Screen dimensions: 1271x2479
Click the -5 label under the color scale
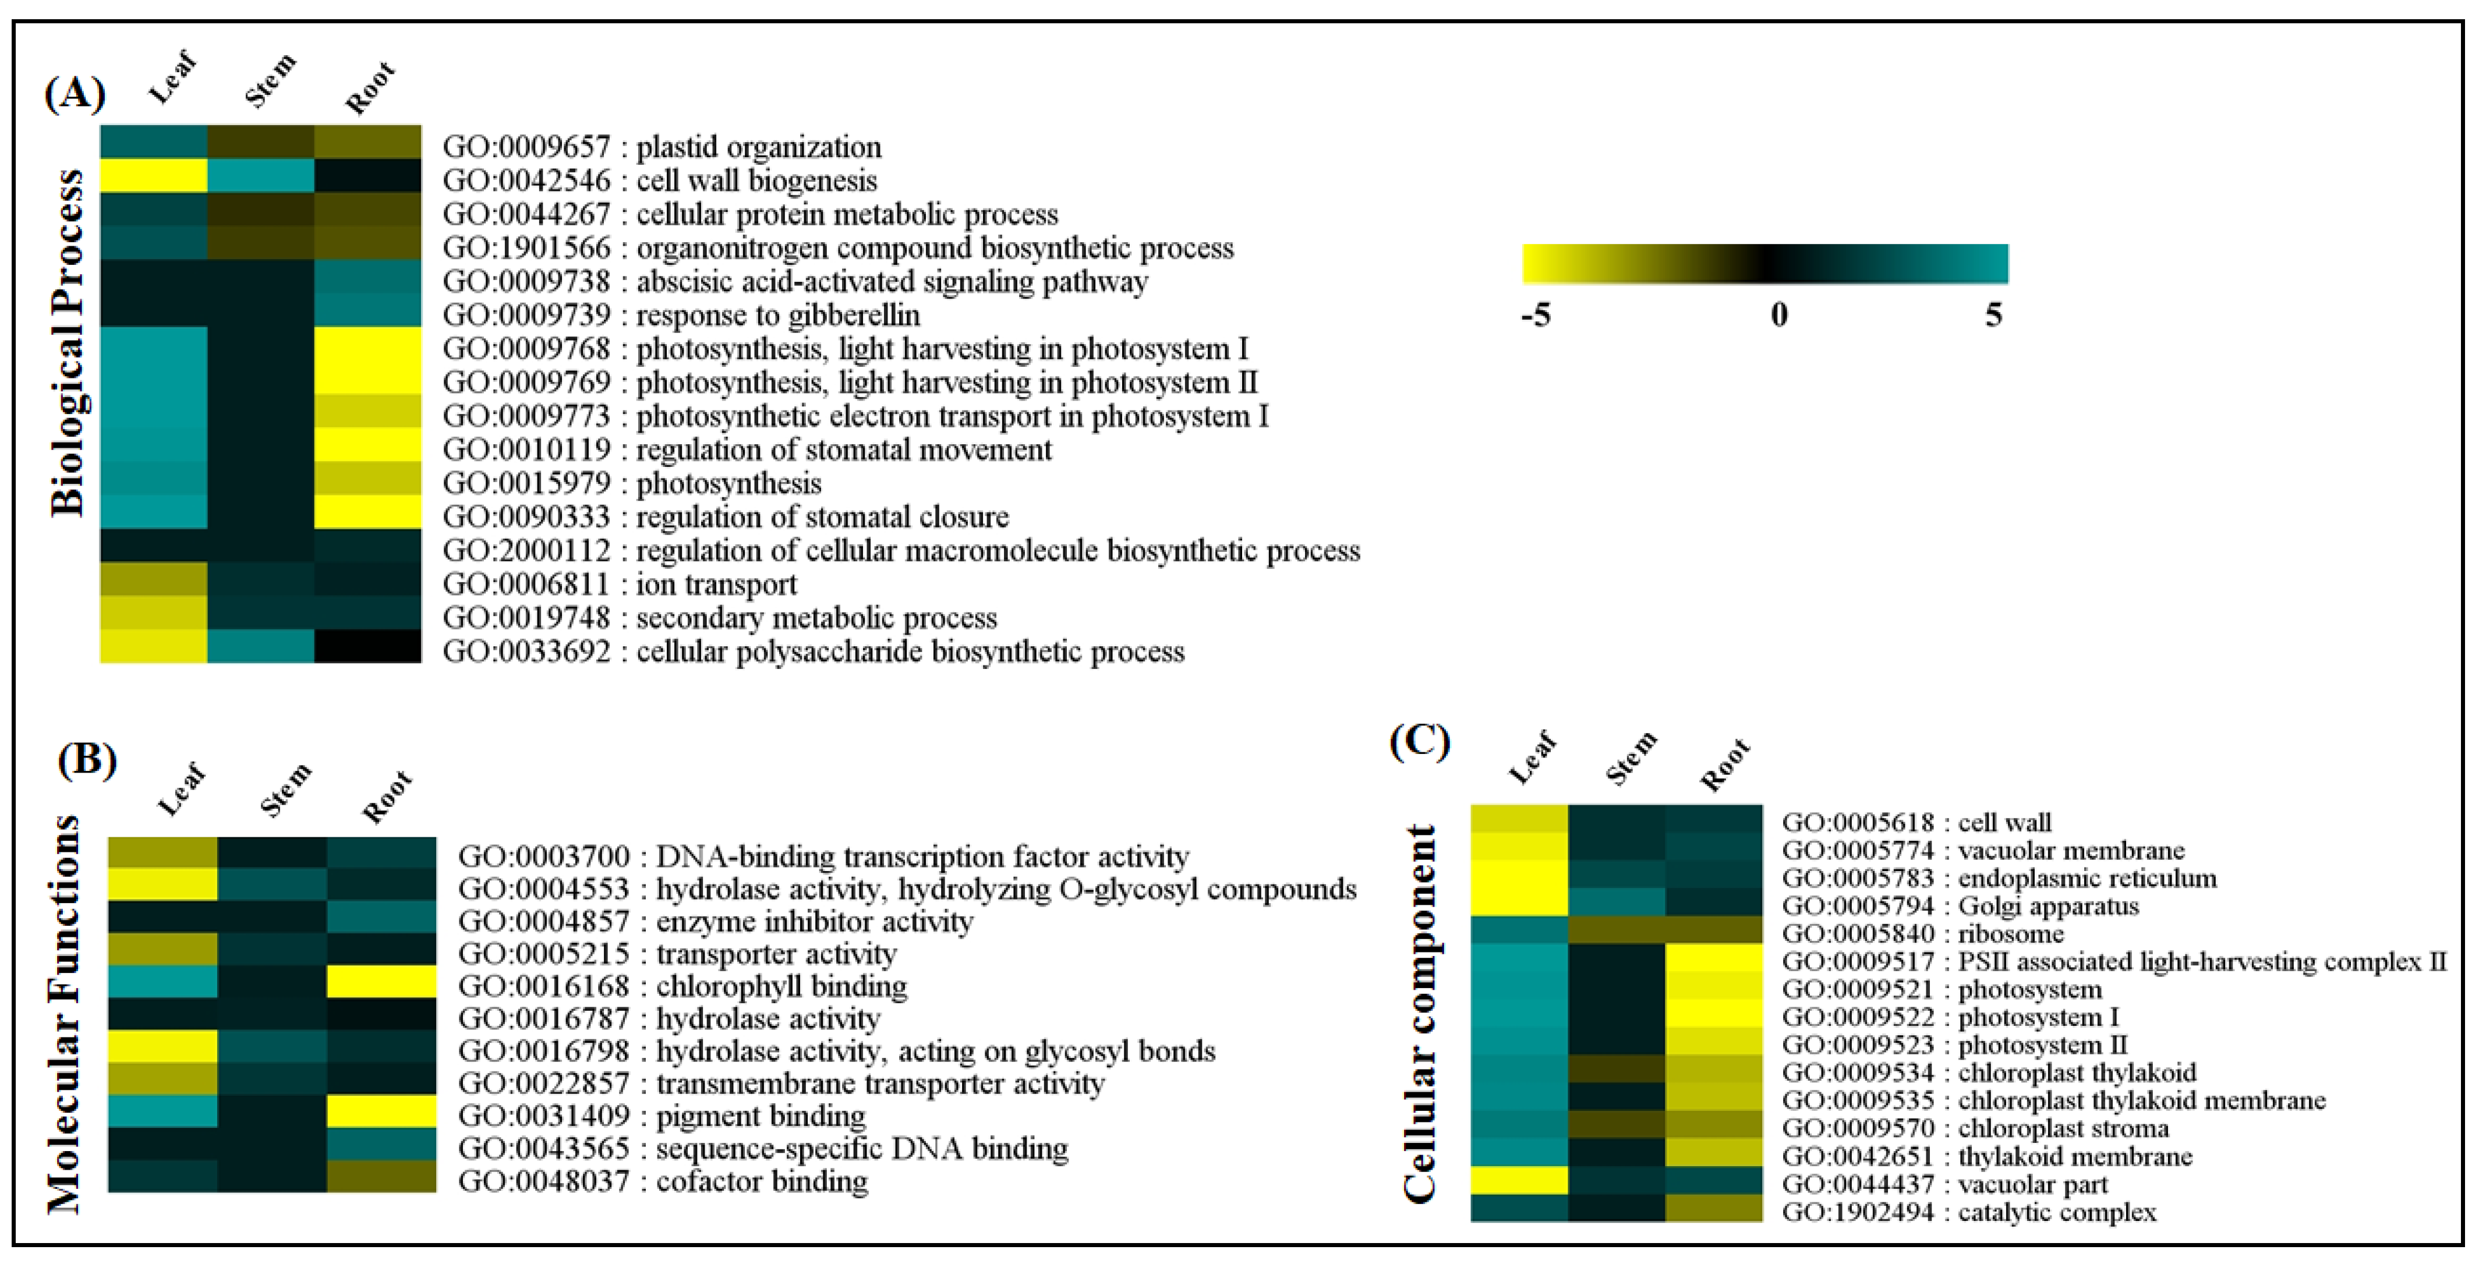click(1536, 314)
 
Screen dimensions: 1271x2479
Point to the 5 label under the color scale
click(1993, 314)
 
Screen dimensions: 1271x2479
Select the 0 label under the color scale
click(1778, 314)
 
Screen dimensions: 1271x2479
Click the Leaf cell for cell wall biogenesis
click(154, 176)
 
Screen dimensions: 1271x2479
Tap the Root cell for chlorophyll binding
click(381, 982)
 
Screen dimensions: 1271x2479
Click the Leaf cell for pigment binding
click(162, 1111)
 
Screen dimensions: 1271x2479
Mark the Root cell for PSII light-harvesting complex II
click(1714, 958)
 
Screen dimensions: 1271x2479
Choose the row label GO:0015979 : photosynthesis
click(631, 483)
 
